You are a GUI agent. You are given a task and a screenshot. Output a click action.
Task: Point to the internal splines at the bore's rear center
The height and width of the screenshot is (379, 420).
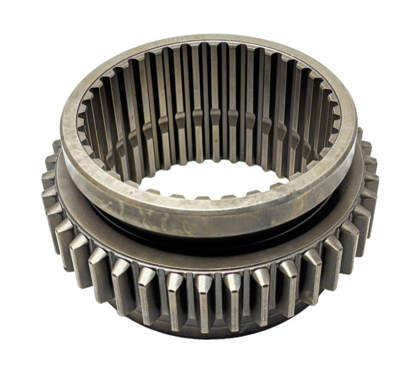coord(209,87)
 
